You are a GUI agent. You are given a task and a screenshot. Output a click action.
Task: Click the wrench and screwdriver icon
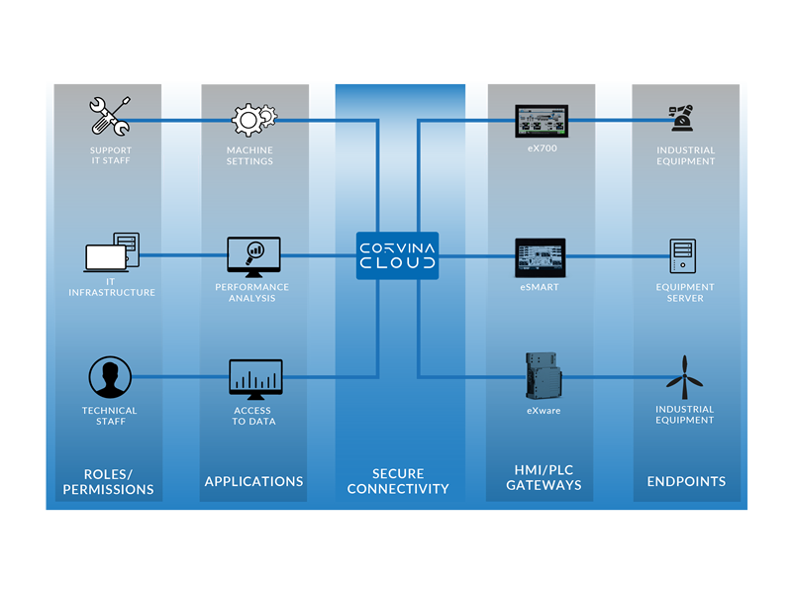coord(110,117)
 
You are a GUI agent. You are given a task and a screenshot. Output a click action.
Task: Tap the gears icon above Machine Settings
coord(253,119)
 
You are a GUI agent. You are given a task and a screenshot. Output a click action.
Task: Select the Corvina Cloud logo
coord(397,254)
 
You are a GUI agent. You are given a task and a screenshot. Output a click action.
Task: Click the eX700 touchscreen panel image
coord(541,122)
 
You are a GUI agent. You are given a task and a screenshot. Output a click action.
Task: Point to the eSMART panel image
coord(541,257)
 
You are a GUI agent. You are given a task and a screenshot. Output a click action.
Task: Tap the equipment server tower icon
coord(684,257)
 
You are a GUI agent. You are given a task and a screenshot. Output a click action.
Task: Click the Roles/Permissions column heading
coord(109,481)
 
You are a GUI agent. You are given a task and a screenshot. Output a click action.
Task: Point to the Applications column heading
coord(253,482)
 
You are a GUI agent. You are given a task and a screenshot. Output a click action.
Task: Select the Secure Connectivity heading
coord(398,481)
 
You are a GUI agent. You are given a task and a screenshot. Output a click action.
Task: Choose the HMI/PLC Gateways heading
coord(544,478)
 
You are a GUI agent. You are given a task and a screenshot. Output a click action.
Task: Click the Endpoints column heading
coord(686,482)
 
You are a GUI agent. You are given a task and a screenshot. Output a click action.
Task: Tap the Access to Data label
coord(253,416)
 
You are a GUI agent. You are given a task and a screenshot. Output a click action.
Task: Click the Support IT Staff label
coord(110,155)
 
